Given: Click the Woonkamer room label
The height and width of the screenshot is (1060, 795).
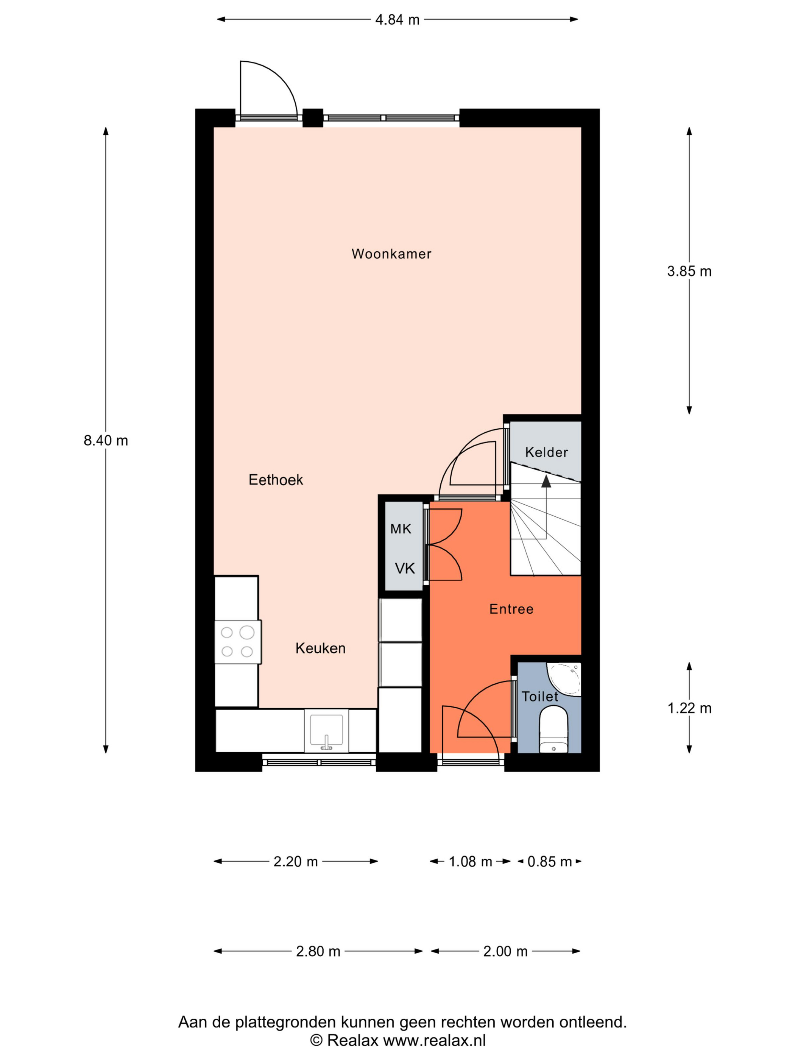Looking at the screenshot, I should pos(391,254).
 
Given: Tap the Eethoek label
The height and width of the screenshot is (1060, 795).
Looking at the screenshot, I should pos(276,480).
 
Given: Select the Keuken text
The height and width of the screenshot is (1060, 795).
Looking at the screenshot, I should pos(320,648).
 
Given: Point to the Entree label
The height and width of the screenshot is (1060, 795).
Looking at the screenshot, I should pos(511,609).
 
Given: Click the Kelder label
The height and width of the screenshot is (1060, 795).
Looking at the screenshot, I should pos(546,452).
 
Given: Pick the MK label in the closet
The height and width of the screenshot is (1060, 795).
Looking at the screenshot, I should pos(401,529).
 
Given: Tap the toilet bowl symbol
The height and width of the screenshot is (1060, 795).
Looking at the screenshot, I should pos(553,729).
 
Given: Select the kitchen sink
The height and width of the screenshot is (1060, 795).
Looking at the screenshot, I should pos(326,730).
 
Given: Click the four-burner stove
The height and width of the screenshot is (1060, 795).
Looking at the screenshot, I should pos(237,642).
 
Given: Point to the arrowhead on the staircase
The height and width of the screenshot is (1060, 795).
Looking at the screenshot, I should pos(546,481).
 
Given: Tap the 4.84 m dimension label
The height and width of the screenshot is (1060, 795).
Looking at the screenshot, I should pos(397,20).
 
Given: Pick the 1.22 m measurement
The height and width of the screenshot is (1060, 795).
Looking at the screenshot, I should pos(689,708).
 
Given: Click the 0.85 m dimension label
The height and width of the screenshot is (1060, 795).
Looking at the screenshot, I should pos(549,862).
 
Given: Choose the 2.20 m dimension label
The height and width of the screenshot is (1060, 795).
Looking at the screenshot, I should pos(295,862).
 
